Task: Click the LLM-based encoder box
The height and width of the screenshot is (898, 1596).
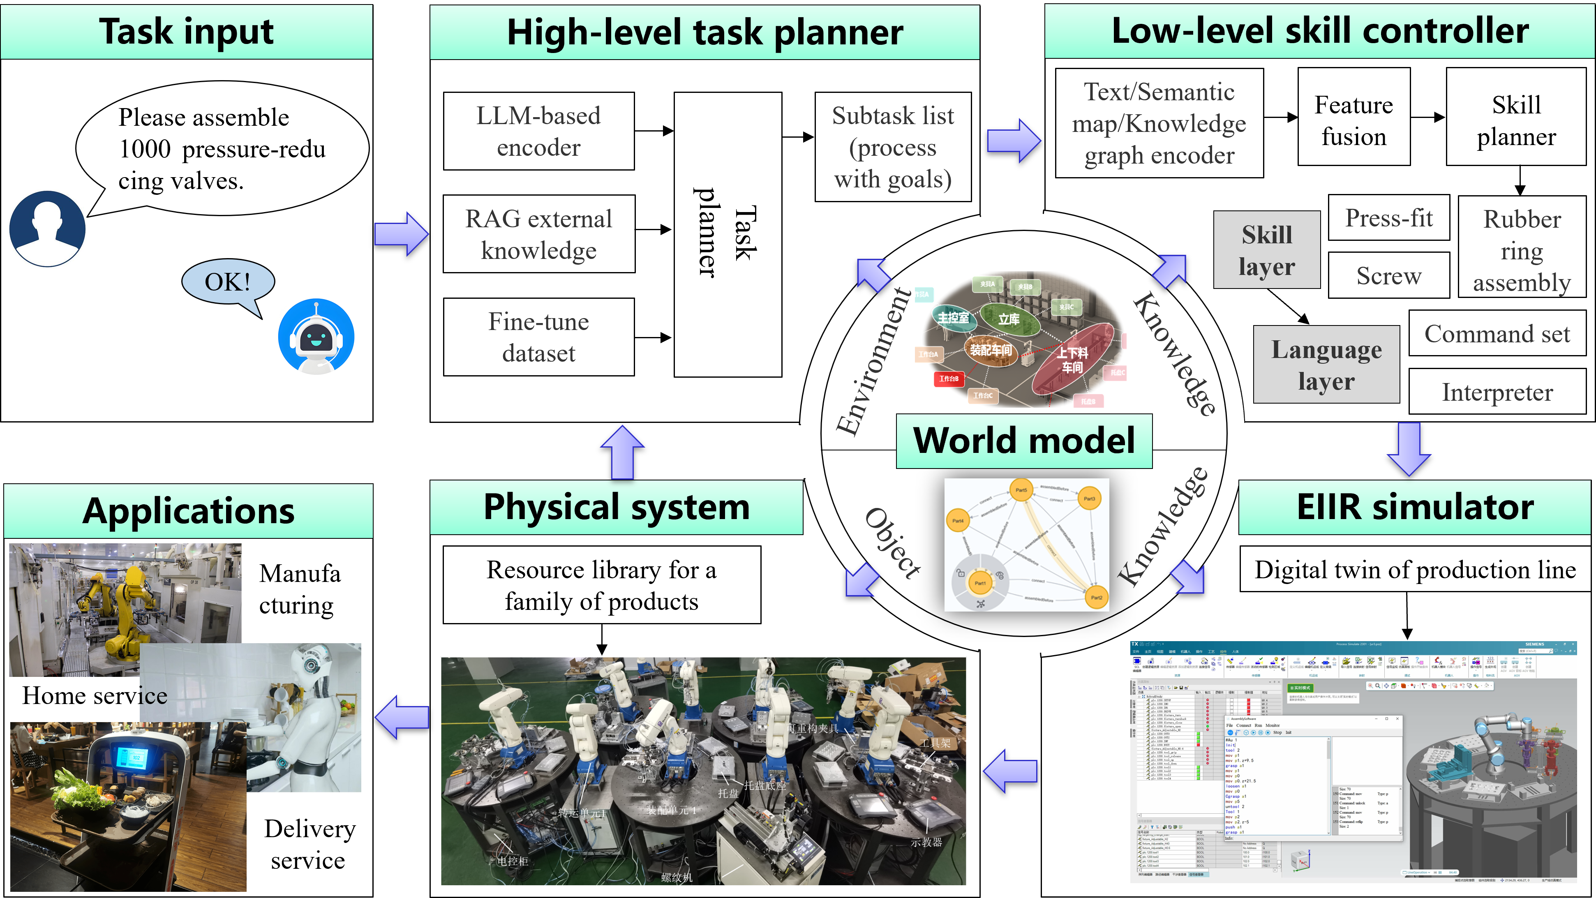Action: click(538, 131)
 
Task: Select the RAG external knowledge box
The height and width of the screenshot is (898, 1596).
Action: click(538, 234)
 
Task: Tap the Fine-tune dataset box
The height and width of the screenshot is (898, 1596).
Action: click(538, 337)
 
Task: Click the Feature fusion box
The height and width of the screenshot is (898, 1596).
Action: click(1354, 117)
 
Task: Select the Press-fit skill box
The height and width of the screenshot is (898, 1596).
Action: click(1388, 218)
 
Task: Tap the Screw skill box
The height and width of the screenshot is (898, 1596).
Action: click(1388, 276)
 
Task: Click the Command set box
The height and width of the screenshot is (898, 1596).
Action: click(1497, 334)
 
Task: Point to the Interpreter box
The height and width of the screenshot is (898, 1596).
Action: click(1497, 392)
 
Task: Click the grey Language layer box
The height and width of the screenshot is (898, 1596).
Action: click(1326, 365)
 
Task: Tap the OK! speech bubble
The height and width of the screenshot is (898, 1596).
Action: click(228, 282)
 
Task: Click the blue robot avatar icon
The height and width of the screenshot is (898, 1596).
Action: click(316, 336)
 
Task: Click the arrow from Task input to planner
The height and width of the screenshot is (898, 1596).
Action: click(401, 234)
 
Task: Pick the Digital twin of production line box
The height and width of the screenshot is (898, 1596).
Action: click(1414, 569)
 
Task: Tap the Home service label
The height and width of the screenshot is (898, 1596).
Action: click(94, 695)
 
